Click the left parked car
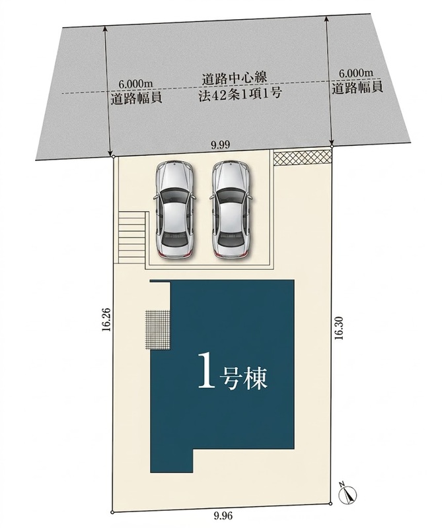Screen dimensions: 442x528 coord(174,209)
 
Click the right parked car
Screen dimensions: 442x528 coord(231,209)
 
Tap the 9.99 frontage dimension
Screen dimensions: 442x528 coord(220,145)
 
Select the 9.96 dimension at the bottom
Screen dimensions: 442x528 coord(223,515)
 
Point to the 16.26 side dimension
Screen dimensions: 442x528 coord(106,319)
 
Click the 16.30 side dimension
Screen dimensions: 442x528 coord(339,327)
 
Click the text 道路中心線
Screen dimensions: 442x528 coord(235,78)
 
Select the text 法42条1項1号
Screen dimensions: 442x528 coord(239,94)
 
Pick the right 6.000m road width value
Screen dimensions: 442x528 coord(356,73)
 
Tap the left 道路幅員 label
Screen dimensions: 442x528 coord(136,98)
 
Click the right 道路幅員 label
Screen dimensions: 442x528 coord(357,88)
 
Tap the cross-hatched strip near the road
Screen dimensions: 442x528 coord(303,158)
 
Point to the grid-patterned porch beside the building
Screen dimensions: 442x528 coord(158,329)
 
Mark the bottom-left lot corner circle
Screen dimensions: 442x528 coord(112,513)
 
